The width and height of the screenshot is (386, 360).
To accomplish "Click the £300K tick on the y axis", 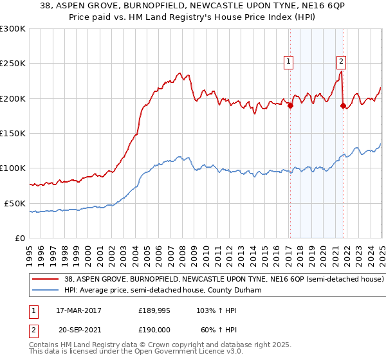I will click(13, 29).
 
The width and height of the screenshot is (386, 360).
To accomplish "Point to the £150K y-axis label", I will click(13, 133).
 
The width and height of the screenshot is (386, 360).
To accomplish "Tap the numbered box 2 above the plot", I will click(340, 62).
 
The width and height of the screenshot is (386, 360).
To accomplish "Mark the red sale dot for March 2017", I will click(290, 106).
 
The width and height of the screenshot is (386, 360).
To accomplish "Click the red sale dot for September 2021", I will click(343, 105).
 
